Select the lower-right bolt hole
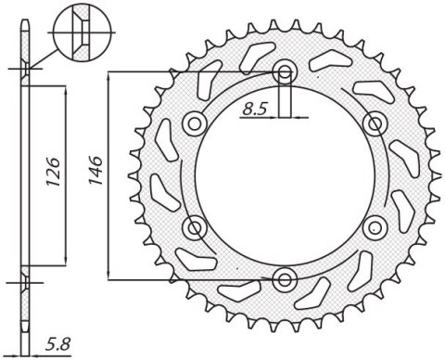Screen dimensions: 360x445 pyautogui.click(x=375, y=226)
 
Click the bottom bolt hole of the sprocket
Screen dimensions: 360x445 pyautogui.click(x=285, y=278)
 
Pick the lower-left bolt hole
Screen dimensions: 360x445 pyautogui.click(x=195, y=226)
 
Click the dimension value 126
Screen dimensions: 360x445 pyautogui.click(x=53, y=173)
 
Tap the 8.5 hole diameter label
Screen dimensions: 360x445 pyautogui.click(x=255, y=109)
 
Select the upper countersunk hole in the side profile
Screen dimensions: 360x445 pyautogui.click(x=26, y=71)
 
